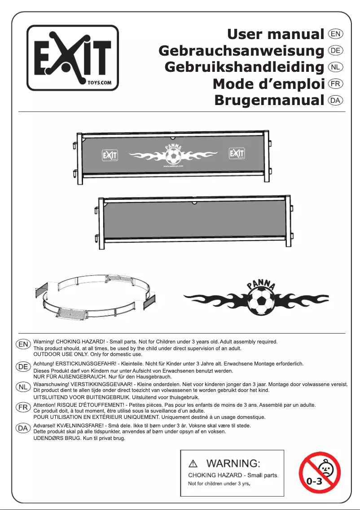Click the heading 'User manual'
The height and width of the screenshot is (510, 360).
pyautogui.click(x=276, y=34)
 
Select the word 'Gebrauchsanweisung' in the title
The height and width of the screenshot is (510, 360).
pyautogui.click(x=241, y=51)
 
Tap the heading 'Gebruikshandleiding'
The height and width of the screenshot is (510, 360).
pyautogui.click(x=244, y=67)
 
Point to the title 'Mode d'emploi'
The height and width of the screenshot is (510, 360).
pyautogui.click(x=268, y=84)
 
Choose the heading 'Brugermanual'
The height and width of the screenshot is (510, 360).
pyautogui.click(x=269, y=101)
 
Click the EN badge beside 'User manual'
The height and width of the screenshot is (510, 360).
pyautogui.click(x=336, y=34)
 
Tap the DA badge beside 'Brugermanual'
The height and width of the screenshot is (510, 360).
pyautogui.click(x=336, y=101)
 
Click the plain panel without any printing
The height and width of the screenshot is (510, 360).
pyautogui.click(x=193, y=223)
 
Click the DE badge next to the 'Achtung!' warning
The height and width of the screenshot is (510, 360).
pyautogui.click(x=23, y=366)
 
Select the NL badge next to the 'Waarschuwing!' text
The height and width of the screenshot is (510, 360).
pyautogui.click(x=23, y=386)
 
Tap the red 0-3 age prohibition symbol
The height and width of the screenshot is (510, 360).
pyautogui.click(x=320, y=473)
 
